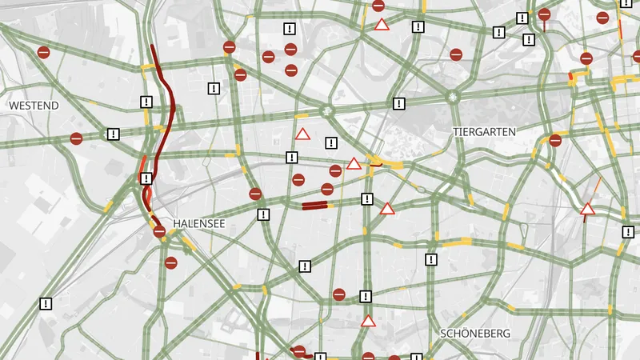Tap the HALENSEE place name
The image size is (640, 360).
199,223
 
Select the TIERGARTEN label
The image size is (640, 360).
484,131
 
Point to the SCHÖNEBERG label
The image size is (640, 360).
475,333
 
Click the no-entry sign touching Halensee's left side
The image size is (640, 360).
159,231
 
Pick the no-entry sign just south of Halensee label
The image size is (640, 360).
171,262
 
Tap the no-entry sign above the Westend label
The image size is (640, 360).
44,53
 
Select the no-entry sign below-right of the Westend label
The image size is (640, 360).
76,138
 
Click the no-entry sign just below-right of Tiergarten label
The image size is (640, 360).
555,140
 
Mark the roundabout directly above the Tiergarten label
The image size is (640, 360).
454,97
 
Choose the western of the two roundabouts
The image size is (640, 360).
327,111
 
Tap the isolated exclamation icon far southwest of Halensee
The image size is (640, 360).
46,303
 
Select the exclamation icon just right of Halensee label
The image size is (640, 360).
264,214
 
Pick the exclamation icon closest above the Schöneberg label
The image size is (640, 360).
431,259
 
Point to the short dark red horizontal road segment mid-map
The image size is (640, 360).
314,206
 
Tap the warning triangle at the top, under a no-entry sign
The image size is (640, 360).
382,25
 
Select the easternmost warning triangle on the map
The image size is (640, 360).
587,210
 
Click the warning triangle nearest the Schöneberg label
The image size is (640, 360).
368,322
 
